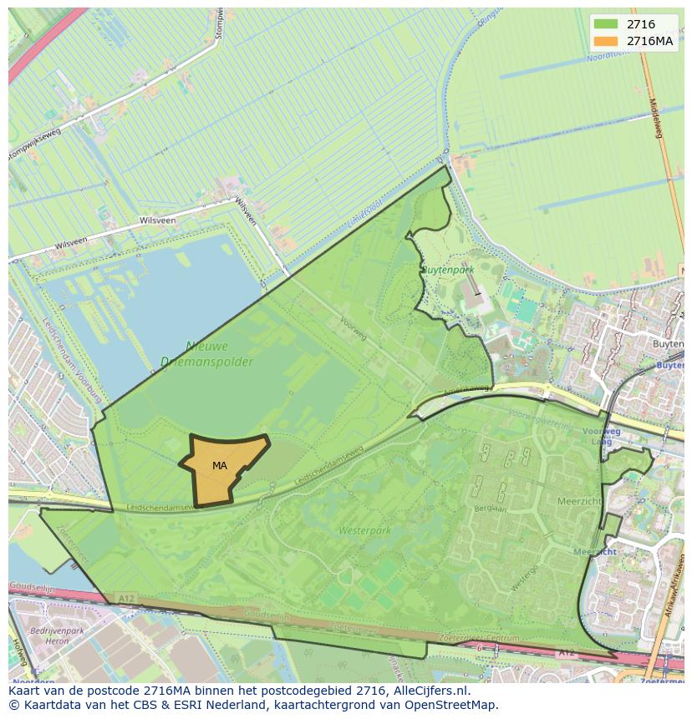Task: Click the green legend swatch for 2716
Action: [606, 24]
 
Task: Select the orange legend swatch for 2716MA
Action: [606, 41]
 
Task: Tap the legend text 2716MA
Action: [649, 41]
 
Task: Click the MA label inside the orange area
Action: [220, 466]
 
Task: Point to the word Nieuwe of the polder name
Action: [206, 347]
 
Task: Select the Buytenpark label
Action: [447, 269]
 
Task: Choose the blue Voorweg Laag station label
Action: [601, 436]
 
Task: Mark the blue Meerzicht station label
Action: [595, 552]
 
